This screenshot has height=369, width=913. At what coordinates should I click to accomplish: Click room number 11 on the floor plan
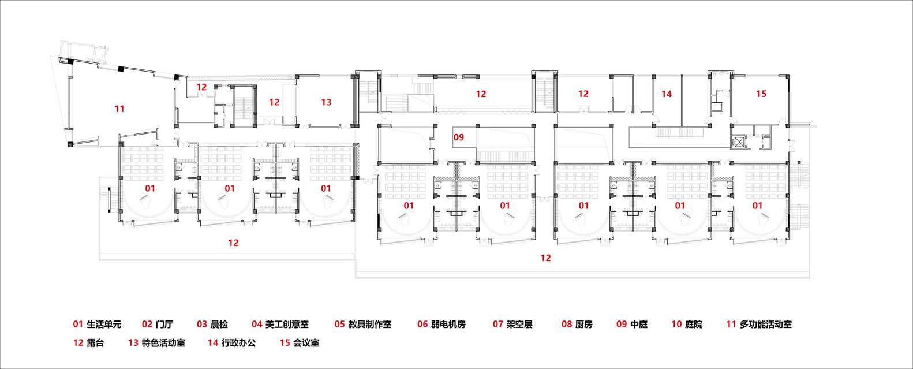(119, 109)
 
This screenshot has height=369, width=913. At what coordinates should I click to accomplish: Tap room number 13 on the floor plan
(326, 102)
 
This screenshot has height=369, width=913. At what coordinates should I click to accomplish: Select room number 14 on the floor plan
(667, 94)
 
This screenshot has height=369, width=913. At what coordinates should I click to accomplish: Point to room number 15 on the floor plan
(761, 94)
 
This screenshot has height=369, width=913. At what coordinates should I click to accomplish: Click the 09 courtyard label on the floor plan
(459, 137)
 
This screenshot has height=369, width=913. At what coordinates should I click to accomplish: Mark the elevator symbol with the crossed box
(739, 142)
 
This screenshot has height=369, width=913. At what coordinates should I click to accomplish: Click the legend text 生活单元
(104, 325)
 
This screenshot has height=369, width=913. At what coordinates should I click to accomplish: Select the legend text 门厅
(164, 325)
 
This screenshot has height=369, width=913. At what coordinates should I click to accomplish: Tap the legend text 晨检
(219, 325)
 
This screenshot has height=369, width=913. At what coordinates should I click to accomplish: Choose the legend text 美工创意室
(287, 325)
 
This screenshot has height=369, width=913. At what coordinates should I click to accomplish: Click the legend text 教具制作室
(370, 325)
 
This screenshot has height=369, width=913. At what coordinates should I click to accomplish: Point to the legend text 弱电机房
(448, 325)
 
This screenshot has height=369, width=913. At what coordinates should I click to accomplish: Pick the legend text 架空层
(519, 325)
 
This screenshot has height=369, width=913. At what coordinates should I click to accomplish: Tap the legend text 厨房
(583, 325)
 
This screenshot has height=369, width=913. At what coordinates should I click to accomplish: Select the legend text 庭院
(694, 325)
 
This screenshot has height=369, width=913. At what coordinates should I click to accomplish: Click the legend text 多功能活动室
(766, 325)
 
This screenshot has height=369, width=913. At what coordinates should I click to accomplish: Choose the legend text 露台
(95, 343)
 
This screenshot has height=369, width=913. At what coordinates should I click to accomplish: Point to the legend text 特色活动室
(163, 343)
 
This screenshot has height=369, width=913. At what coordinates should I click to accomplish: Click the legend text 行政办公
(238, 343)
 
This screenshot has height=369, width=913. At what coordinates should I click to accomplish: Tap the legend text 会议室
(306, 343)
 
